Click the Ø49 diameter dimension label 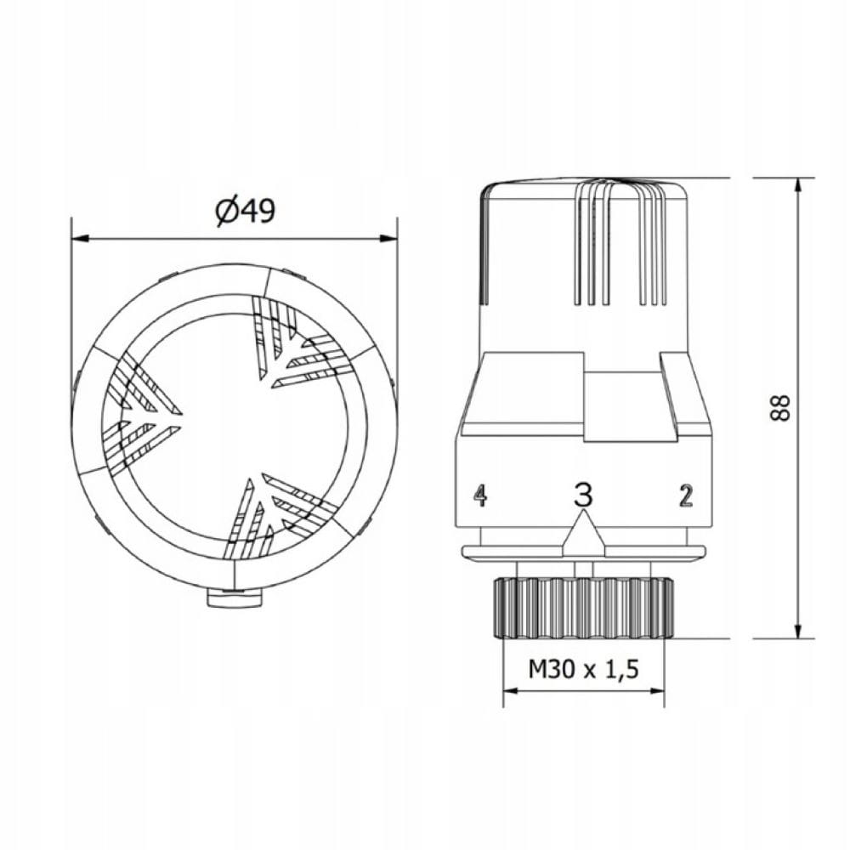point(246,211)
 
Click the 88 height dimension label point(780,407)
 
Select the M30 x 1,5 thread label point(583,670)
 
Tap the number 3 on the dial point(583,495)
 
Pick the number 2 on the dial point(686,496)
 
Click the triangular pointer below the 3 point(583,535)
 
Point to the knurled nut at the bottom point(583,608)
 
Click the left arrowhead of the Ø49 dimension point(80,239)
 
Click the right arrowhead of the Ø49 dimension point(388,239)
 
